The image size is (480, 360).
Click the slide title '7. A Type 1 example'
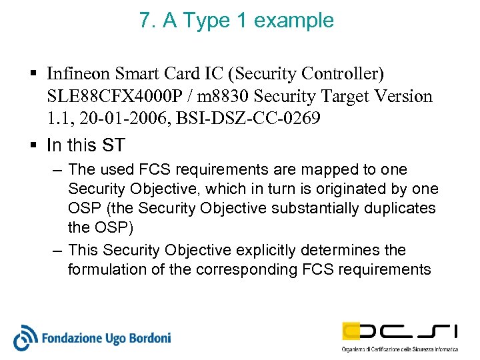(237, 21)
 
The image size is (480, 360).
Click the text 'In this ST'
(86, 145)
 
